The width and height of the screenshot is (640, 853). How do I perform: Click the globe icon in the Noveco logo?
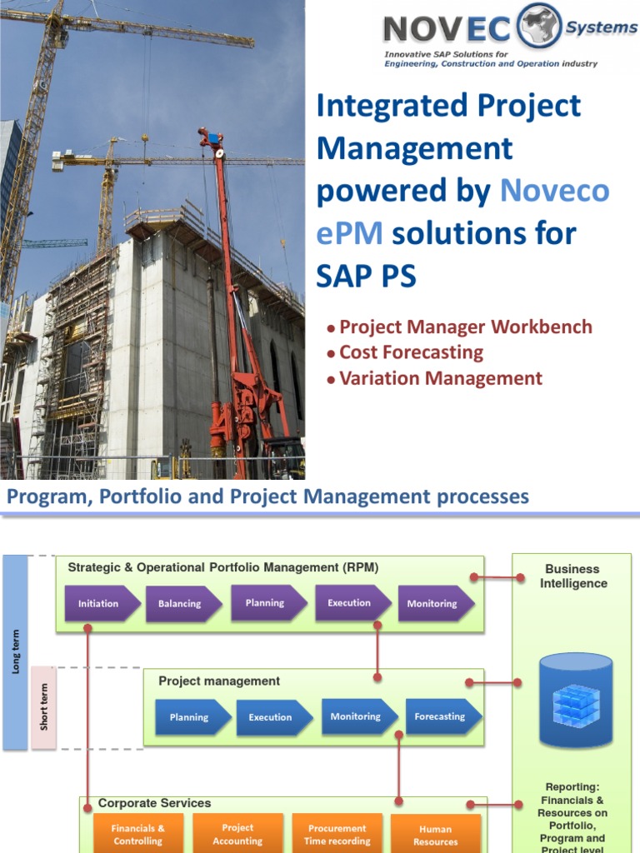click(540, 25)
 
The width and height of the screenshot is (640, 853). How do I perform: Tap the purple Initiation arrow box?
click(99, 604)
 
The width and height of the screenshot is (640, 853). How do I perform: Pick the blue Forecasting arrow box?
click(442, 716)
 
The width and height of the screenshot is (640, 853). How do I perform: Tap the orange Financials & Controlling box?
click(138, 834)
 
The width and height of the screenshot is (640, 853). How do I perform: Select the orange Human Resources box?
click(435, 835)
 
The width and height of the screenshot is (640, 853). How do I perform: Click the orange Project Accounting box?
click(238, 834)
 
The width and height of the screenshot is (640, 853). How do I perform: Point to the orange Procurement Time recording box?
click(337, 834)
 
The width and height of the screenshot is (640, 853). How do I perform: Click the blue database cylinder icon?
click(575, 701)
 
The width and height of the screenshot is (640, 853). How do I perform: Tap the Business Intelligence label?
click(572, 576)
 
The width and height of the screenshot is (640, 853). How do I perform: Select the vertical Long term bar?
click(16, 651)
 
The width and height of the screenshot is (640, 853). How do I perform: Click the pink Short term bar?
click(44, 706)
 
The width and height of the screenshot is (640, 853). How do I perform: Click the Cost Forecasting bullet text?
click(411, 352)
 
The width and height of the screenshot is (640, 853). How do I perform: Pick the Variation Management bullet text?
click(440, 378)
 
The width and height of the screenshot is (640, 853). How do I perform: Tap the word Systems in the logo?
click(601, 27)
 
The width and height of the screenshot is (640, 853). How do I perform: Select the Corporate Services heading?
click(154, 803)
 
